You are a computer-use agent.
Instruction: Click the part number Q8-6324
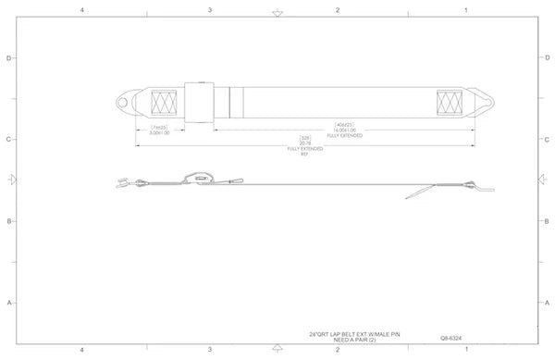click(452, 339)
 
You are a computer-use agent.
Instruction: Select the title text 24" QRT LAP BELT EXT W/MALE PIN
click(356, 333)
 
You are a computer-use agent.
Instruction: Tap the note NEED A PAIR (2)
click(356, 339)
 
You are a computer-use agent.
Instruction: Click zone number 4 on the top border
click(82, 9)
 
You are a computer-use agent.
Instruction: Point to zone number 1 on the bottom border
click(465, 351)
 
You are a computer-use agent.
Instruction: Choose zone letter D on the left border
click(9, 57)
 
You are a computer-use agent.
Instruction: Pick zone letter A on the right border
click(547, 303)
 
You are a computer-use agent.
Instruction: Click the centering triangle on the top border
click(276, 13)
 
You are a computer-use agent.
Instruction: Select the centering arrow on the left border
click(11, 178)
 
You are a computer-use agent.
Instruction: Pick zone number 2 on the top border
click(338, 9)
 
